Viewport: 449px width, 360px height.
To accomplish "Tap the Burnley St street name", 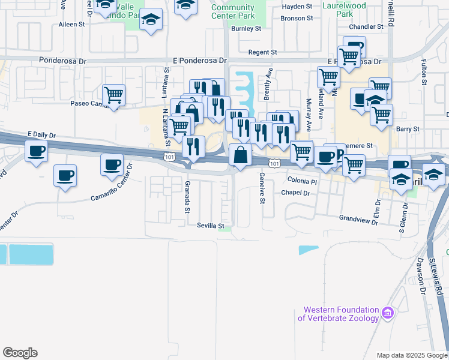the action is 246,28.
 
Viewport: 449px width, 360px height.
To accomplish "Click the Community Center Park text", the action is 233,11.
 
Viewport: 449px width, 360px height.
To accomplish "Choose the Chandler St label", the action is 366,27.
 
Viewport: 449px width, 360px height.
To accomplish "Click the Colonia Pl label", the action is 302,181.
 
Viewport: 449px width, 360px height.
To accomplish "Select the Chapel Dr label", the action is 295,193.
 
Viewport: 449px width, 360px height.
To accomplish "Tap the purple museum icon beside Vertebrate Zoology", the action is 388,313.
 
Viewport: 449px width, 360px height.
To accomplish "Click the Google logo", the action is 20,353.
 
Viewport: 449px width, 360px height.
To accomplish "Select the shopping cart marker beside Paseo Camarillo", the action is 113,95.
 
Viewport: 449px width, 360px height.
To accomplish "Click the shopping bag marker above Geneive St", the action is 240,155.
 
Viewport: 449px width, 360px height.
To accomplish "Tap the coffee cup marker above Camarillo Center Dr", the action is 111,165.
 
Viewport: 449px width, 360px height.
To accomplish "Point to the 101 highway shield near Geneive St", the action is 274,163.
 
